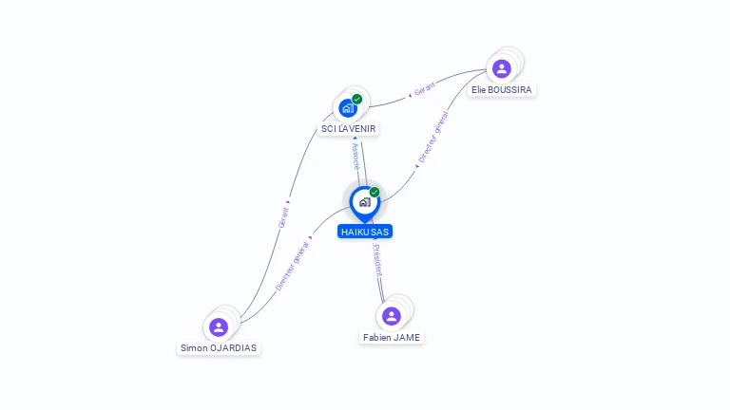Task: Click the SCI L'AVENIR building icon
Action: [347, 107]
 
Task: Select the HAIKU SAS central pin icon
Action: [364, 201]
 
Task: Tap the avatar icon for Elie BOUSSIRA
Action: [501, 68]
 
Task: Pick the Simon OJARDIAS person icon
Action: [219, 326]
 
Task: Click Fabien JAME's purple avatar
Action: [391, 316]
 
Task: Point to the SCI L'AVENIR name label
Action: [348, 128]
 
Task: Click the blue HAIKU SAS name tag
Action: [364, 232]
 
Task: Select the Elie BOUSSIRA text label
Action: [502, 89]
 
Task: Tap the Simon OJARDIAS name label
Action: [219, 347]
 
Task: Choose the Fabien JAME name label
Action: [391, 337]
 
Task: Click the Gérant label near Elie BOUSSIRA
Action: [425, 87]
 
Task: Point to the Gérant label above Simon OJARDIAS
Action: [283, 215]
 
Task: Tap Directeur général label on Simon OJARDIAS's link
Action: [292, 266]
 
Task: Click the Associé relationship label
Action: [355, 155]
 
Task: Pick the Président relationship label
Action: [377, 259]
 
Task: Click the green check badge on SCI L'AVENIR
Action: [357, 99]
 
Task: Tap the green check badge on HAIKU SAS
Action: [375, 192]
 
